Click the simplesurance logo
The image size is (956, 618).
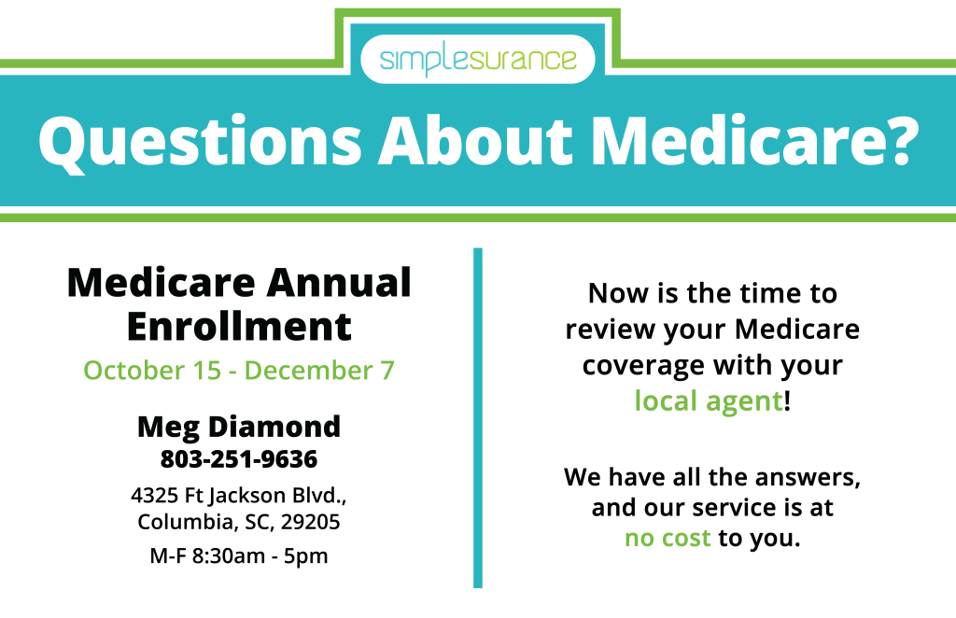477,59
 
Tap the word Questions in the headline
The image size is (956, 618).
201,141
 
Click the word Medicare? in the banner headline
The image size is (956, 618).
754,140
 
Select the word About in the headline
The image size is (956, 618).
475,140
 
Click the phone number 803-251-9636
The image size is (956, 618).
239,459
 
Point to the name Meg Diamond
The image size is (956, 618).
239,427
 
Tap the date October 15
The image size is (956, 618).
152,371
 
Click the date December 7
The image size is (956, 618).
319,371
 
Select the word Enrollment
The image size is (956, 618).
239,327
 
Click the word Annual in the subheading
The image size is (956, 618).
339,283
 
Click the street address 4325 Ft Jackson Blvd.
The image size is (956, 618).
238,496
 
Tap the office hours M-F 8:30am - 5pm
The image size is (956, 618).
239,555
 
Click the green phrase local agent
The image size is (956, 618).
709,401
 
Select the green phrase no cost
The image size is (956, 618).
668,538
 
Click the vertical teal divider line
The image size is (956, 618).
478,417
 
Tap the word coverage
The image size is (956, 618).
644,366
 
